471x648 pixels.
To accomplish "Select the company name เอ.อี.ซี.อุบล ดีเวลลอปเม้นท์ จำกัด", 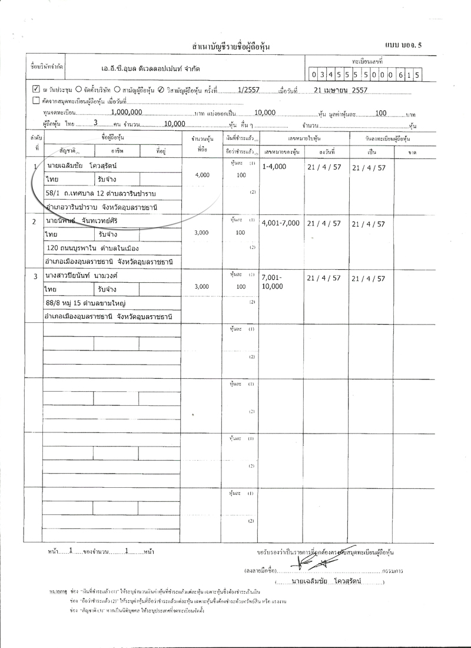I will pos(150,69).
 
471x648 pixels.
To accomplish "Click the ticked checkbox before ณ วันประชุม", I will pos(36,91).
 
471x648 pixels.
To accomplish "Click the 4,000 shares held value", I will pos(201,175).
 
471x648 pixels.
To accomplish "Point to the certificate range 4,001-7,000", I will pos(280,223).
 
